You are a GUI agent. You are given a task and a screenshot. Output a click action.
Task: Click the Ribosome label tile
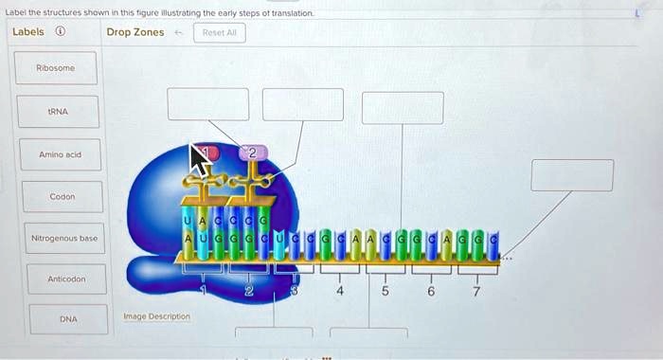62,68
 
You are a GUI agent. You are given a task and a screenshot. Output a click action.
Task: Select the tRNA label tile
62,111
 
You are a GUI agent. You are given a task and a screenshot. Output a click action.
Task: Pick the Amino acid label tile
62,153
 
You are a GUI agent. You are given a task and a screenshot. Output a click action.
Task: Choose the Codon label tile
62,196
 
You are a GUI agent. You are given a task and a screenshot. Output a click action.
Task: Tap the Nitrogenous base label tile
62,239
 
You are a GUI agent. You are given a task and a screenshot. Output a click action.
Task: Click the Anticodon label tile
62,280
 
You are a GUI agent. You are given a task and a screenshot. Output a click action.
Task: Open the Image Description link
156,316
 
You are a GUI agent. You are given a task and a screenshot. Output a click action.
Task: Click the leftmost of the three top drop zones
208,104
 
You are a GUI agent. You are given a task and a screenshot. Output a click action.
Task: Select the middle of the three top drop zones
303,104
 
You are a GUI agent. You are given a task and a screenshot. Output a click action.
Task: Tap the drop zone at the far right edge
571,175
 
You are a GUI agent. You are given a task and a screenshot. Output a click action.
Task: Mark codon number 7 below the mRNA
477,292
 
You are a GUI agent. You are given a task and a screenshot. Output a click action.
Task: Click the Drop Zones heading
135,32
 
